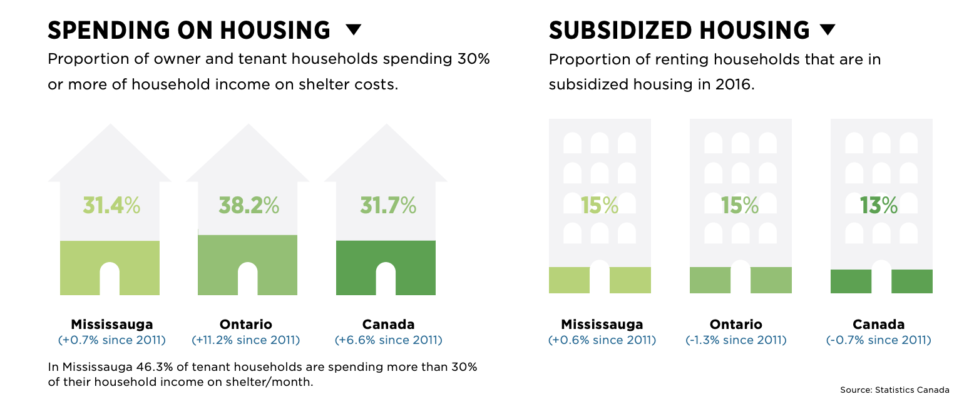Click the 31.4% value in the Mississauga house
(111, 205)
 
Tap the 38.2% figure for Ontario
(249, 205)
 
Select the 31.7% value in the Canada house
(388, 205)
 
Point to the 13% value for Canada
(879, 205)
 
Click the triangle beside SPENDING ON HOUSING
(354, 29)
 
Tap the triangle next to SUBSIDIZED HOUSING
(827, 29)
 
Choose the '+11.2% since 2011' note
(246, 340)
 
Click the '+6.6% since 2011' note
(388, 340)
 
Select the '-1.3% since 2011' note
(736, 340)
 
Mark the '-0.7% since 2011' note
(879, 340)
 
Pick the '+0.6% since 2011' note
(602, 340)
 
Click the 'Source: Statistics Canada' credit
(894, 389)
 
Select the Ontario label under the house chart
(246, 324)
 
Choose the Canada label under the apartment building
(879, 324)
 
